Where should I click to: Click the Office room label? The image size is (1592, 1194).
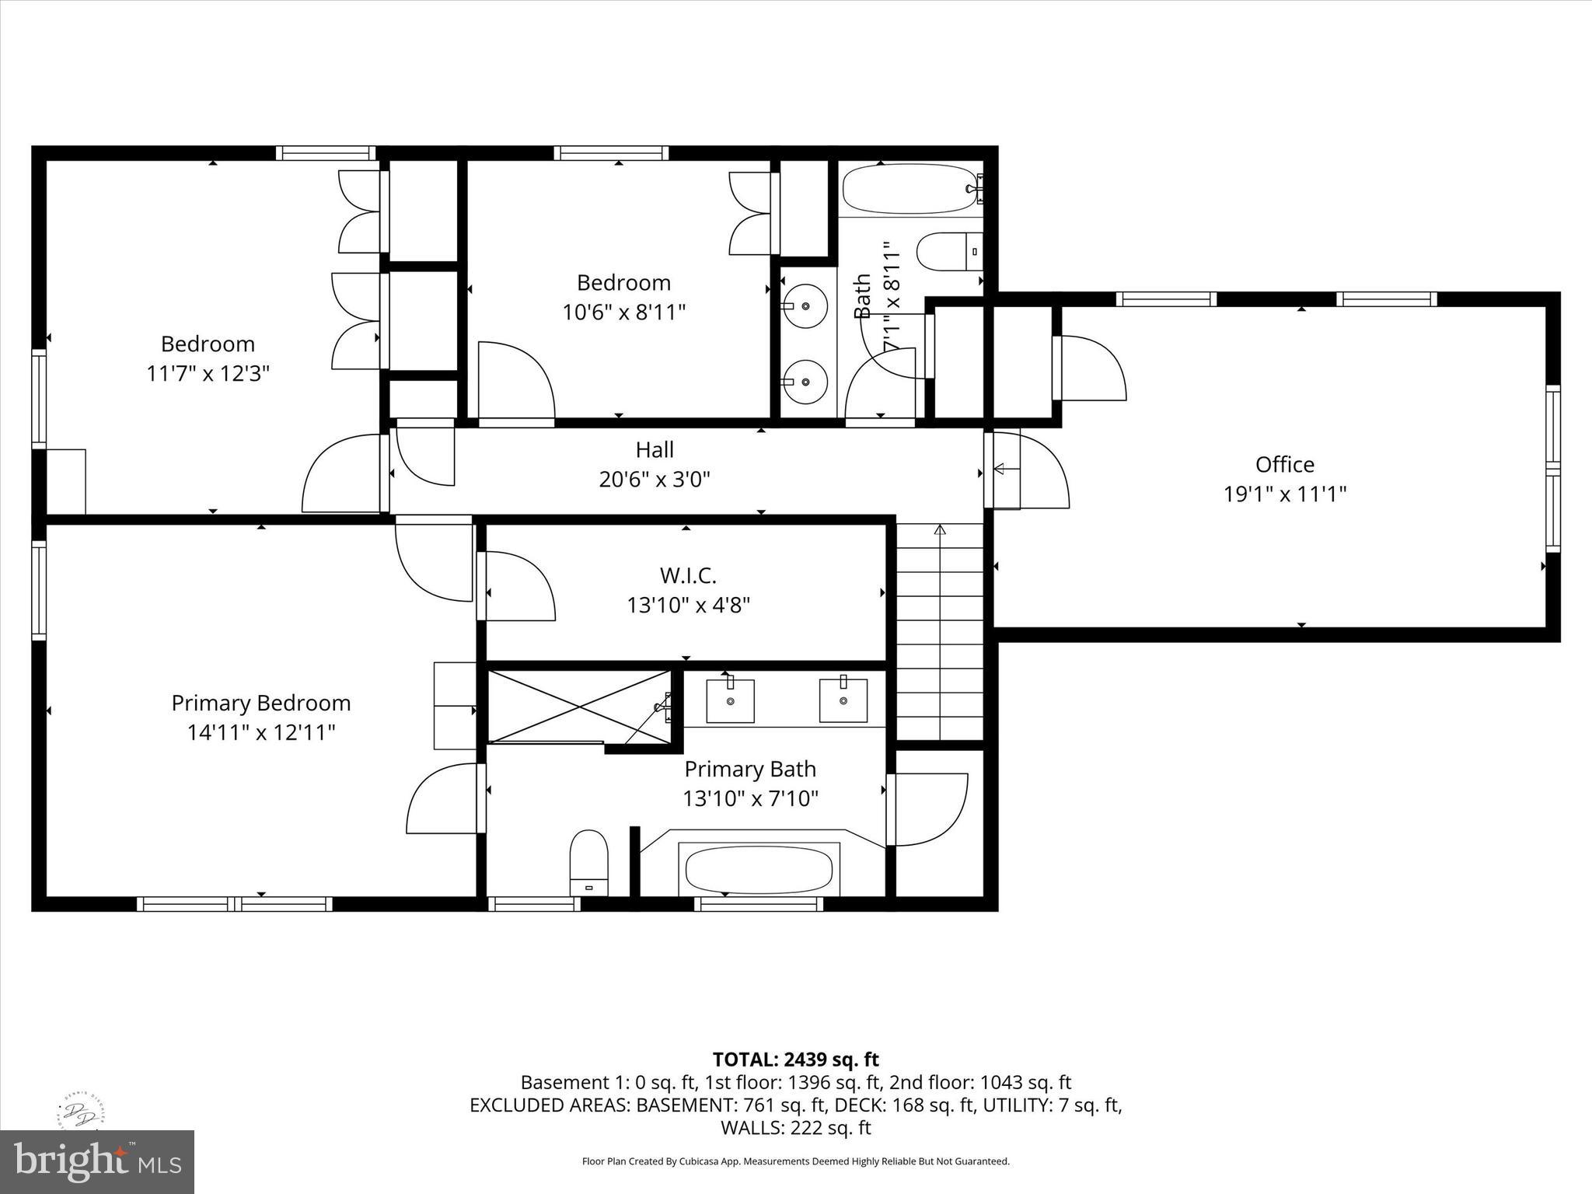pos(1284,464)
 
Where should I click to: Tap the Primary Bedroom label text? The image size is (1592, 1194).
pos(260,703)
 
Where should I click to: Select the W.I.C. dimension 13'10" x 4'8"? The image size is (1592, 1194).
pos(688,605)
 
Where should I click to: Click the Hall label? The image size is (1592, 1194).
pos(654,449)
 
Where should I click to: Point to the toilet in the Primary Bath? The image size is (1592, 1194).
pos(588,861)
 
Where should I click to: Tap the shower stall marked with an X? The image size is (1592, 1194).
pos(578,706)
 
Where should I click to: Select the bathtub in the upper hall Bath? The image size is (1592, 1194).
pos(908,188)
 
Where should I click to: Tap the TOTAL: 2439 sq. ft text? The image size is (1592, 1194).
pos(795,1059)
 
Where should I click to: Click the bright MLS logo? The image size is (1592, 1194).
pos(96,1161)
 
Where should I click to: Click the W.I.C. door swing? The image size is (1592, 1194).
pos(518,585)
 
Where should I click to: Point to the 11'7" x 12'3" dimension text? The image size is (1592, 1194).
pos(208,373)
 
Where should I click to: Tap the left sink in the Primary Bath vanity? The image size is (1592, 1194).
pos(730,700)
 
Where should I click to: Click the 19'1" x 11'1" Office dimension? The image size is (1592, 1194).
pos(1284,494)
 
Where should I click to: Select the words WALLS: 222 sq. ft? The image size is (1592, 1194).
pos(795,1127)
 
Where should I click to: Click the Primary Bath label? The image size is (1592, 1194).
pos(749,769)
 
